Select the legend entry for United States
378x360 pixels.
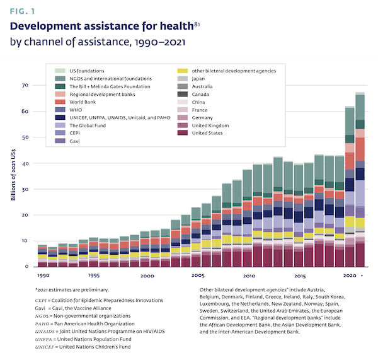pyautogui.click(x=207, y=132)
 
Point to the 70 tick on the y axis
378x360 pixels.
pyautogui.click(x=25, y=85)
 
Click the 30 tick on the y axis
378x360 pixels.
pyautogui.click(x=25, y=189)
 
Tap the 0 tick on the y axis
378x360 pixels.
pyautogui.click(x=27, y=266)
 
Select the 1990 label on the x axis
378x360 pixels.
pyautogui.click(x=43, y=276)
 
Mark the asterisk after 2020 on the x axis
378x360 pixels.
pyautogui.click(x=361, y=276)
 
